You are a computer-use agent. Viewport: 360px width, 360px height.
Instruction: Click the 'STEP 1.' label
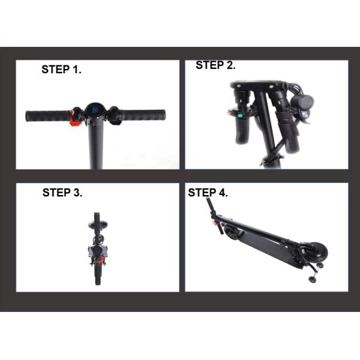61,70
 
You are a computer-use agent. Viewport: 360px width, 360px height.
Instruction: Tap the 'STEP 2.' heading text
215,66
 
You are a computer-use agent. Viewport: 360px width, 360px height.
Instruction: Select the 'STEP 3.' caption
62,193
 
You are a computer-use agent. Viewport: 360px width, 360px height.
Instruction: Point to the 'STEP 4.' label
208,193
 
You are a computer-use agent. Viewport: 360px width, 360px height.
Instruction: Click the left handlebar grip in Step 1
47,115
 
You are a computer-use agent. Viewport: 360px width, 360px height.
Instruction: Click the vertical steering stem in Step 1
97,144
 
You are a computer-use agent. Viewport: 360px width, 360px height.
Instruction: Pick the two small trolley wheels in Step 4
316,271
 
